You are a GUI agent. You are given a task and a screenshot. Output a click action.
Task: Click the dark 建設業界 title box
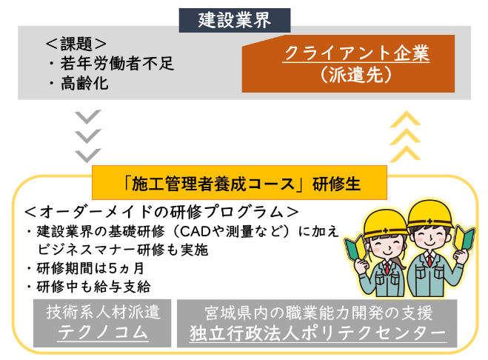(x=234, y=18)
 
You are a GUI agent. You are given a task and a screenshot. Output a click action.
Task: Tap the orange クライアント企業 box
(x=356, y=55)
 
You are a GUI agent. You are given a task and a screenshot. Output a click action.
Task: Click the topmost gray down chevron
(x=89, y=118)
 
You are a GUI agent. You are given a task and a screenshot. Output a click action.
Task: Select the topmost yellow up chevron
(x=404, y=118)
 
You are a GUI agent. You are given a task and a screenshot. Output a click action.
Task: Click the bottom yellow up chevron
(x=404, y=154)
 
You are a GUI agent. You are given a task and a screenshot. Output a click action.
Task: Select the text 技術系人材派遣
(x=103, y=311)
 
